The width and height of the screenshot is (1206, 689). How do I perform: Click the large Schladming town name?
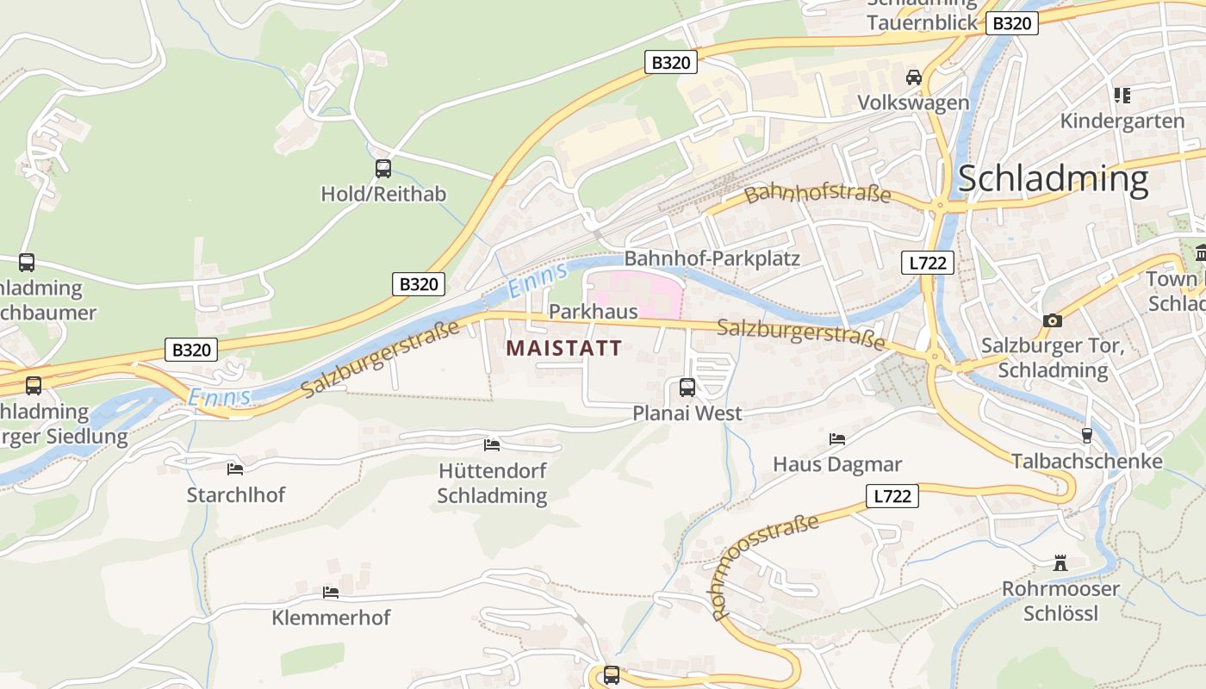(x=1053, y=179)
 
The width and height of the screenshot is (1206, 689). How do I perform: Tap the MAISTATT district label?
(x=564, y=349)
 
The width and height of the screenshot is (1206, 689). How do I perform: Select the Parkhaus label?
(x=594, y=312)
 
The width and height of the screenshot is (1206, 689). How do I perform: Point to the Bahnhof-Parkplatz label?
(x=712, y=258)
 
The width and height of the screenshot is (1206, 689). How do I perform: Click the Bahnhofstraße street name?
(x=817, y=193)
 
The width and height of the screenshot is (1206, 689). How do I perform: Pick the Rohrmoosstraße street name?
(x=766, y=566)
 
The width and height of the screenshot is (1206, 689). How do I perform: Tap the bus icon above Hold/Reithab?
(x=383, y=169)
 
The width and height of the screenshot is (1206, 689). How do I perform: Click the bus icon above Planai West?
(x=687, y=388)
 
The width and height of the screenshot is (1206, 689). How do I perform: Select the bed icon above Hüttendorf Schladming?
(x=492, y=445)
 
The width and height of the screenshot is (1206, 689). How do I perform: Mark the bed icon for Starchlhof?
(x=235, y=469)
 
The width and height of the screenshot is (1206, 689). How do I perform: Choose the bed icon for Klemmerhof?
(x=330, y=593)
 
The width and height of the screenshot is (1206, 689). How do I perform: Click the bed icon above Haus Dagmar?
(x=837, y=439)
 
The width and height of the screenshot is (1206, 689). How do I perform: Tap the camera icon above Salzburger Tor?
(x=1052, y=321)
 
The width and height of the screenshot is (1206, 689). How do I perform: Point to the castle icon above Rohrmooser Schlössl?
(x=1060, y=563)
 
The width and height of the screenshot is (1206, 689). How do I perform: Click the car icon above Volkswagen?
(x=913, y=78)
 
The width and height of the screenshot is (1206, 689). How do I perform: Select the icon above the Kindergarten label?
(x=1122, y=95)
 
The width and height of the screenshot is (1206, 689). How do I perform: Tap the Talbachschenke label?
(x=1087, y=462)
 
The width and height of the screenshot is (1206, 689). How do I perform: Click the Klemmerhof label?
(x=331, y=618)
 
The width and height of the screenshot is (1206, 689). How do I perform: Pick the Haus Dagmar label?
(x=837, y=465)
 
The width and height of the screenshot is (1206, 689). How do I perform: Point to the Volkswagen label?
(x=913, y=103)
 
